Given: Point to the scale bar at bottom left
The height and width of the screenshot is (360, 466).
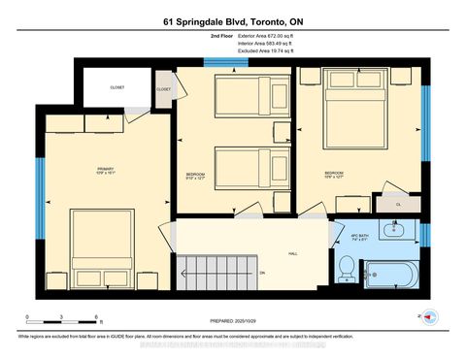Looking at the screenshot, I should click(x=63, y=317).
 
